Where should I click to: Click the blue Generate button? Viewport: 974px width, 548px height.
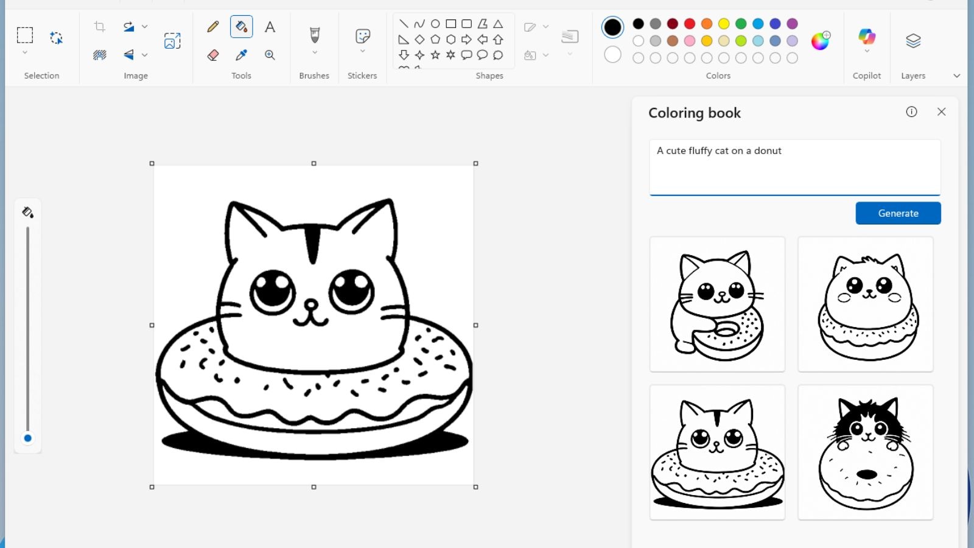[x=898, y=213]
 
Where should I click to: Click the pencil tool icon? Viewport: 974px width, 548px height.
[x=212, y=27]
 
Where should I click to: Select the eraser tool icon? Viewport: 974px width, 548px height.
[x=212, y=55]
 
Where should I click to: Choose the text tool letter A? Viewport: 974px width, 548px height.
[x=270, y=27]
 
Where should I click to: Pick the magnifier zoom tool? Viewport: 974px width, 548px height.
[x=270, y=55]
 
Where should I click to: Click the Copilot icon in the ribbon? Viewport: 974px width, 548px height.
[x=867, y=37]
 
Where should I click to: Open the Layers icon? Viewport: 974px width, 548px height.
[x=913, y=41]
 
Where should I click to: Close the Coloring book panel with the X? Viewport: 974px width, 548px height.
[x=941, y=112]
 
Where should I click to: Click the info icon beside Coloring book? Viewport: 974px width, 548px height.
[x=911, y=112]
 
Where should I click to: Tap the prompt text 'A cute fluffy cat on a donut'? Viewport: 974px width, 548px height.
[x=719, y=151]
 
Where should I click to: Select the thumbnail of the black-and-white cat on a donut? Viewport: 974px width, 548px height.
[x=866, y=452]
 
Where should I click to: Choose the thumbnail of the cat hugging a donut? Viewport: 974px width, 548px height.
[x=717, y=304]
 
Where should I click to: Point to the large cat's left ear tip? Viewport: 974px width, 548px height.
[x=231, y=204]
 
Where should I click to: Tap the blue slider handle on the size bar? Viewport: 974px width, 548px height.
[x=27, y=438]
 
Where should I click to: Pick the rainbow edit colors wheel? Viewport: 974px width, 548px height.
[x=820, y=41]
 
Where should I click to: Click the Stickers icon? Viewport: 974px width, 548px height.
[x=362, y=37]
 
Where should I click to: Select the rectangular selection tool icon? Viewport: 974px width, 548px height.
[x=25, y=35]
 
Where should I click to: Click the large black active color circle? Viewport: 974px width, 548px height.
[x=612, y=27]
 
